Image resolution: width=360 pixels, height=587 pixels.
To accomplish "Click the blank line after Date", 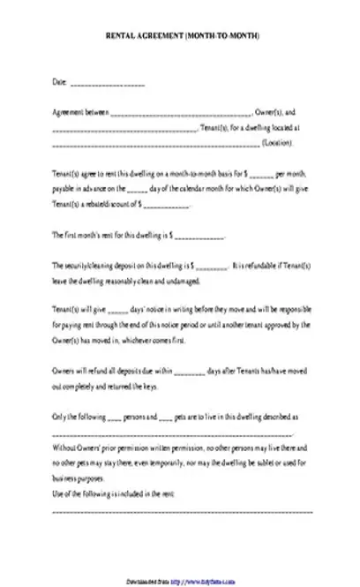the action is coord(107,85).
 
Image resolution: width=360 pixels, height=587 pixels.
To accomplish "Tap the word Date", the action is coord(59,83).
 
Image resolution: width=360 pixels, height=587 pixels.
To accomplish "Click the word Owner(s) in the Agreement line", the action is coord(266,113).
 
